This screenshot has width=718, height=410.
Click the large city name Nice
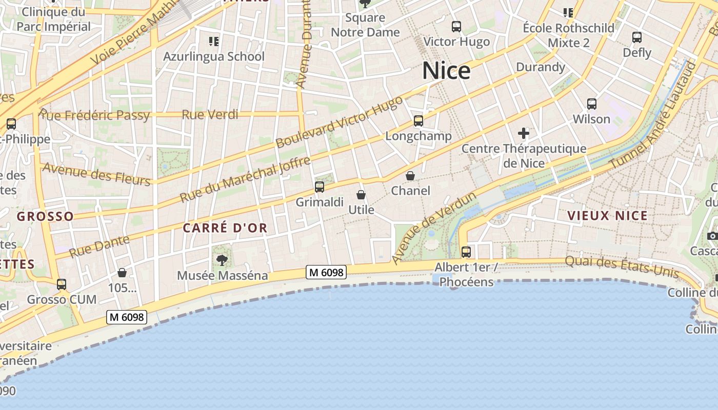(x=446, y=71)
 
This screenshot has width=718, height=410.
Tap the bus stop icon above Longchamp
(x=418, y=121)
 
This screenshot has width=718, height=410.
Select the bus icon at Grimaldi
(x=320, y=187)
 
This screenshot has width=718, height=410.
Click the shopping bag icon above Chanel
(x=410, y=176)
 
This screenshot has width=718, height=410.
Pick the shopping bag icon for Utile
(x=361, y=195)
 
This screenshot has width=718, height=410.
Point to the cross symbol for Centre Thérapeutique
(x=524, y=134)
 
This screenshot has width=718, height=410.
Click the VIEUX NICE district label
(x=608, y=216)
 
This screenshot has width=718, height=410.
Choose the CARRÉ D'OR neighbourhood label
(x=225, y=228)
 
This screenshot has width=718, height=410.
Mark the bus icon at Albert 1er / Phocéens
(x=466, y=252)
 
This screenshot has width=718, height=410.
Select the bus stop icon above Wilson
(x=592, y=104)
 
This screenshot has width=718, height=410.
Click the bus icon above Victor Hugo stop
(x=456, y=27)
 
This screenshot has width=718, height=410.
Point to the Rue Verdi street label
(x=207, y=114)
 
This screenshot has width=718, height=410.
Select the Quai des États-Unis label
(x=622, y=266)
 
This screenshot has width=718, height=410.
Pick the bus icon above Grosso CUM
(x=62, y=284)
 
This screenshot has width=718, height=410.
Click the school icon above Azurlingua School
(x=214, y=41)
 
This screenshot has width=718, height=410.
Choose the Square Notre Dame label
(x=365, y=25)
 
